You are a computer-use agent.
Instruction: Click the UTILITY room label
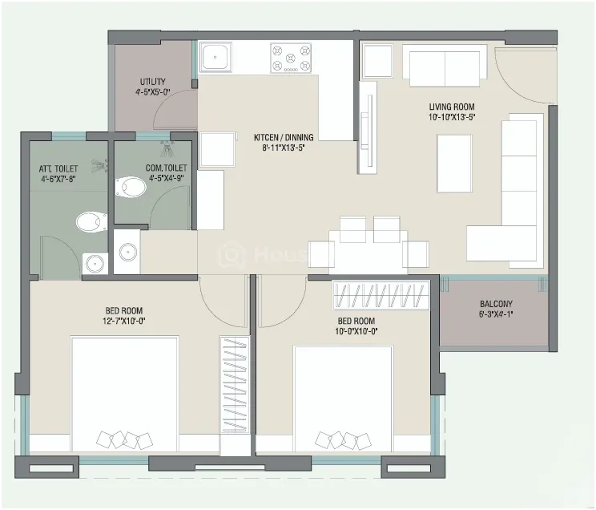[152, 82]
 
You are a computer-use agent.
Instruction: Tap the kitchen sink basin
[215, 57]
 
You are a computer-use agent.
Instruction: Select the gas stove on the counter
[291, 58]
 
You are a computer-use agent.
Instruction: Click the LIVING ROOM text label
[452, 107]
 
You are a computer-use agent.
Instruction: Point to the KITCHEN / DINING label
[284, 137]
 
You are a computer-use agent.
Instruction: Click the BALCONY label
[496, 304]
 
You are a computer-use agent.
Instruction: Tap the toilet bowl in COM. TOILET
[131, 187]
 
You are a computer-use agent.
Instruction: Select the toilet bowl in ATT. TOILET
[91, 222]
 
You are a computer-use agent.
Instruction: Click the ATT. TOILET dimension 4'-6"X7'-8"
[58, 178]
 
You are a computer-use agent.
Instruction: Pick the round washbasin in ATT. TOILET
[95, 263]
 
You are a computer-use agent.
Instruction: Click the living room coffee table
[454, 164]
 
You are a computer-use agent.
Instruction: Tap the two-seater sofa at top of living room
[445, 66]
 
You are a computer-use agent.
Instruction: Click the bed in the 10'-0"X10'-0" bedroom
[343, 399]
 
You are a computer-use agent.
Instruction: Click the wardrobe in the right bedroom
[381, 295]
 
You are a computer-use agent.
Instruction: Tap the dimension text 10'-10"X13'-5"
[452, 117]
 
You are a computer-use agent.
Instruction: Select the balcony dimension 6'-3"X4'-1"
[496, 314]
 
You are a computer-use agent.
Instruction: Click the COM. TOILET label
[166, 168]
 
